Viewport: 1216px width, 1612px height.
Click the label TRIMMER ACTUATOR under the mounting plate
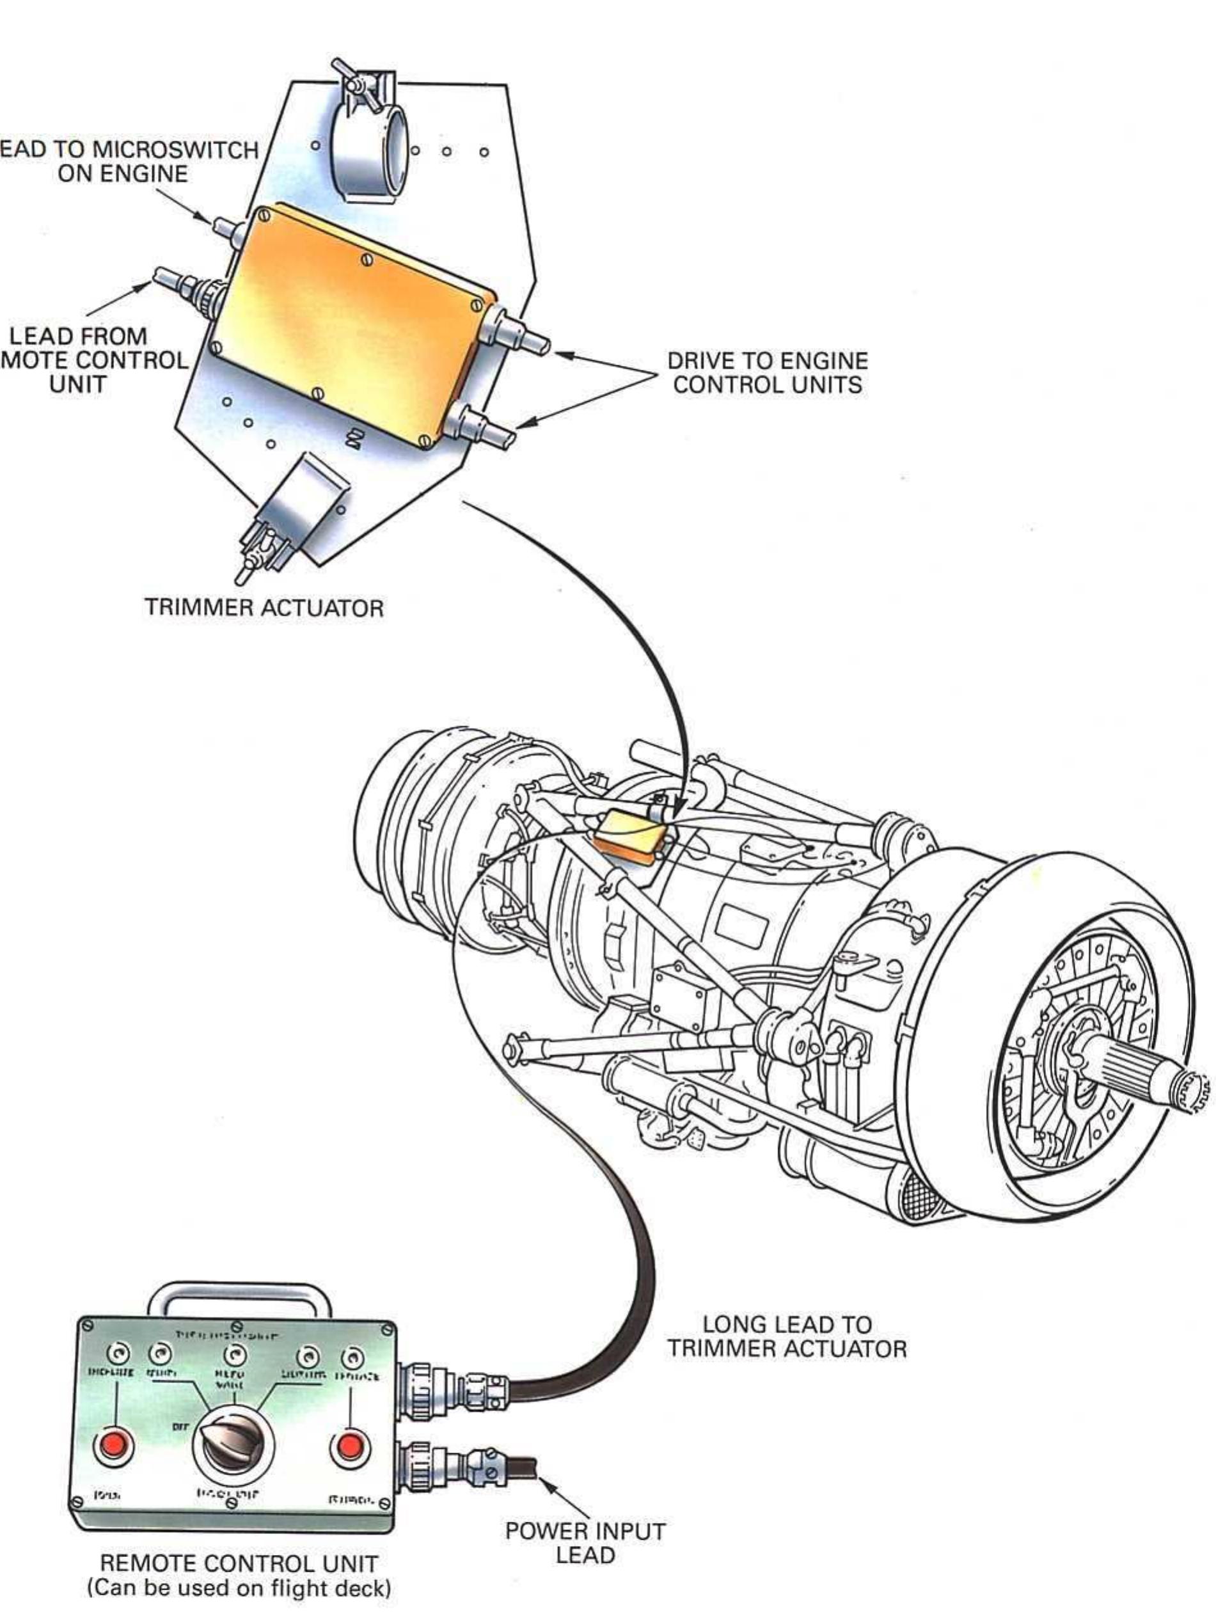(264, 607)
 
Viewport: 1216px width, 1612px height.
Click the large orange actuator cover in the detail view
(350, 324)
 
